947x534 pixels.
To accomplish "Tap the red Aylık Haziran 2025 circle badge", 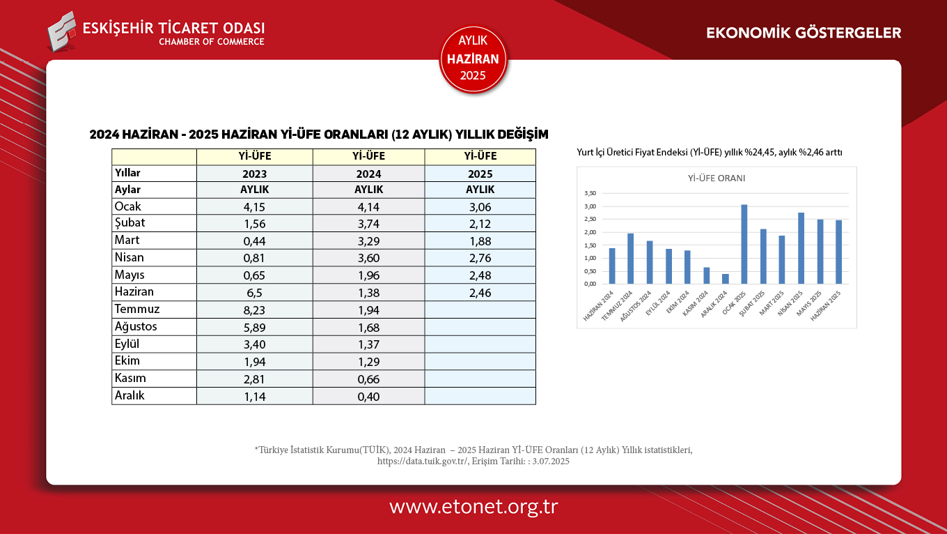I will point(473,59).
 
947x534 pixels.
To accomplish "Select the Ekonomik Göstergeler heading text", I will point(804,33).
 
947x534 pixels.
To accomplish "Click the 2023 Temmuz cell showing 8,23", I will point(254,310).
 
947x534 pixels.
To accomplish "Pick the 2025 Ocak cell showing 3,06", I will point(480,207).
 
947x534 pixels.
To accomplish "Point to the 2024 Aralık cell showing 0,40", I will point(368,397).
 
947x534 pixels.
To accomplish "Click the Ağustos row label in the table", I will point(136,327).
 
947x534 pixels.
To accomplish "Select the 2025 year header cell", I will point(480,174).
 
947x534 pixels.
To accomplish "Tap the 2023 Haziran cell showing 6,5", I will point(254,293).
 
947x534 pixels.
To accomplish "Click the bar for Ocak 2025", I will point(744,244).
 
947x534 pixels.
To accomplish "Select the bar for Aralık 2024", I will point(726,279).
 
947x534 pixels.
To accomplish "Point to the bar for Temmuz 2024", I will point(630,259).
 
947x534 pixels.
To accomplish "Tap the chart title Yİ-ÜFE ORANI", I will point(717,178).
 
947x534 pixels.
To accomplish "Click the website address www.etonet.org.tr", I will point(473,507).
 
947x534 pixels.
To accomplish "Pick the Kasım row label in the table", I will point(130,379).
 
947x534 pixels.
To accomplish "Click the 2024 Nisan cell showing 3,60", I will point(368,259).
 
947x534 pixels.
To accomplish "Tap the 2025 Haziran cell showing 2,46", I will point(480,293).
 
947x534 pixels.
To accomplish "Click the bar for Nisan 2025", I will point(801,248).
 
